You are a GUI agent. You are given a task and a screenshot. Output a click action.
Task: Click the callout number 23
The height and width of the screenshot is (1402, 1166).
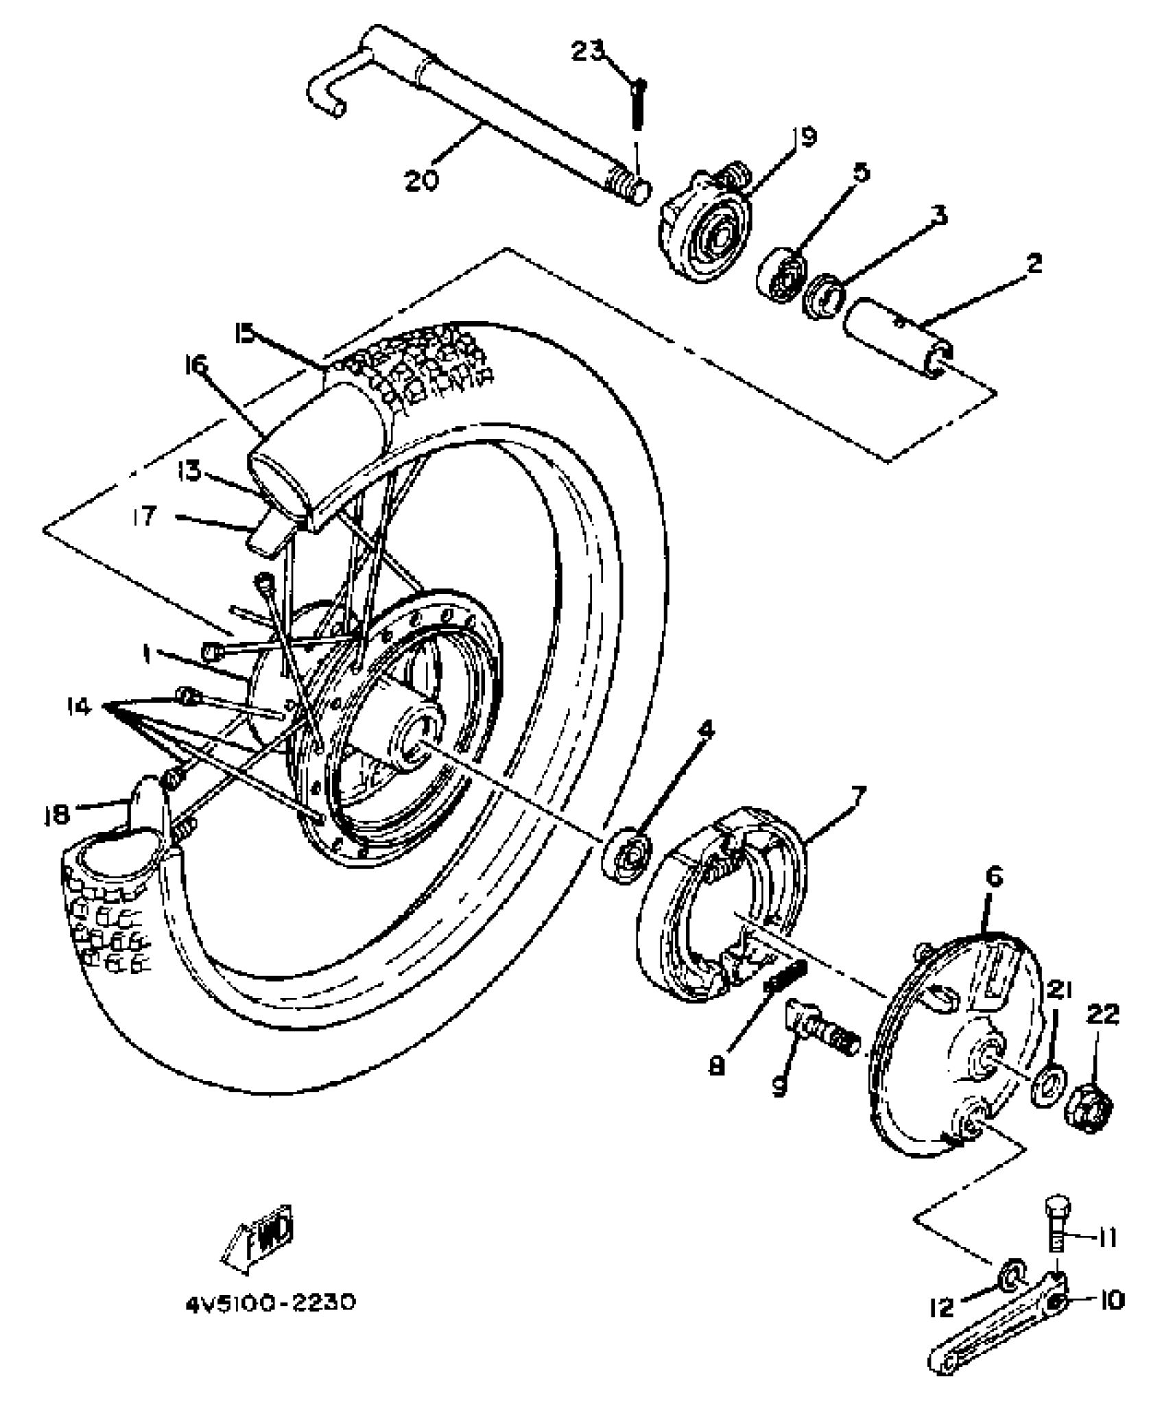[588, 51]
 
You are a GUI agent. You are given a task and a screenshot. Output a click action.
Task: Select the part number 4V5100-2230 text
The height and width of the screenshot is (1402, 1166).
[270, 1303]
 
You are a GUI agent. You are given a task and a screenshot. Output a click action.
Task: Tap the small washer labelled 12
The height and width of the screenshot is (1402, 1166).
[1010, 1274]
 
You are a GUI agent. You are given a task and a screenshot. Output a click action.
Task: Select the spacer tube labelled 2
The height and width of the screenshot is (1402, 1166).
[899, 336]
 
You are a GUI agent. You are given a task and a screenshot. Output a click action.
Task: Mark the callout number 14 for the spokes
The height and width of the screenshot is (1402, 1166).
[80, 706]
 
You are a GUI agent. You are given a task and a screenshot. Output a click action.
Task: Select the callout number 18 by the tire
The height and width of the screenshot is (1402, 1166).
[56, 814]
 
